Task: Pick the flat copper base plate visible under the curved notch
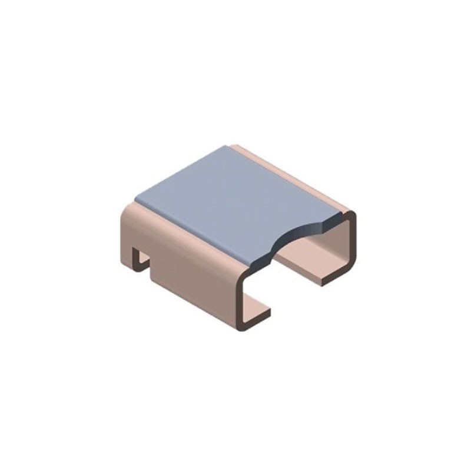tap(306, 259)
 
